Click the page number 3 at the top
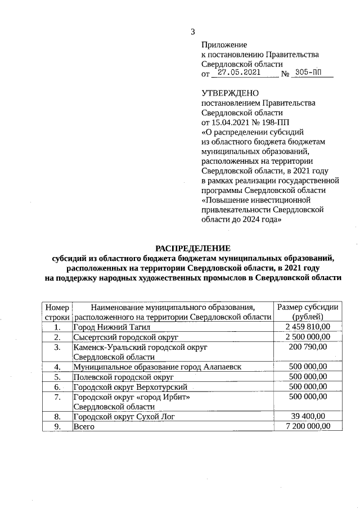192,31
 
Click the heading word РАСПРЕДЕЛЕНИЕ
193,248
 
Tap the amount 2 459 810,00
307,327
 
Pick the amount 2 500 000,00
307,337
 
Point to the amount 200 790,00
307,347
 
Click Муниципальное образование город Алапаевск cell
157,367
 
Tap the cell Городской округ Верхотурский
130,387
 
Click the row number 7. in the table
57,397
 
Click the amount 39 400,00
307,417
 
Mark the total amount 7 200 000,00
307,427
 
